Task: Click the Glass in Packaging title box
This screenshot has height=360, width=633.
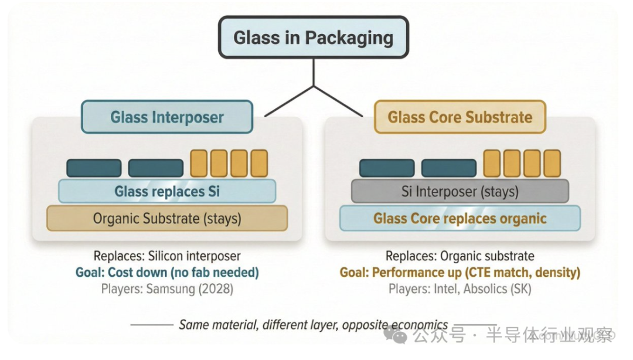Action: point(313,38)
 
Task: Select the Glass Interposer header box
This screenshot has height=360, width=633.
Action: point(167,117)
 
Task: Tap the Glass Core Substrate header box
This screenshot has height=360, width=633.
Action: point(460,117)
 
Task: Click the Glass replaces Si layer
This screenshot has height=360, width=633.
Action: point(167,191)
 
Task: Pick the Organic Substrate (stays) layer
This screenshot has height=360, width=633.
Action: point(167,218)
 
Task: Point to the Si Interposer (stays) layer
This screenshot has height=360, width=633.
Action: point(460,191)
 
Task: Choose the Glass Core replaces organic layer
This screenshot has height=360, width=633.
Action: point(460,218)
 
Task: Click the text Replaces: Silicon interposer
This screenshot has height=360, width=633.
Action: point(167,256)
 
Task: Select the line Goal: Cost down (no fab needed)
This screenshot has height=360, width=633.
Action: point(167,272)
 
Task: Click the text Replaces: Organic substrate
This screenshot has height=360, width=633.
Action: point(460,256)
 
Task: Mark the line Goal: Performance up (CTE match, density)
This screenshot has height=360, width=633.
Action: point(460,272)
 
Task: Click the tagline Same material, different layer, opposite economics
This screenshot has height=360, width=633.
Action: point(313,324)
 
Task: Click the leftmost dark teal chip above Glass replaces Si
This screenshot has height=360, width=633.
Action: point(94,168)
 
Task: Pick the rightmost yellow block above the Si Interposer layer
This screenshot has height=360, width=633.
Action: point(552,164)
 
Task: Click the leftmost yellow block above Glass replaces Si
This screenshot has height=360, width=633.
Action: point(199,164)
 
